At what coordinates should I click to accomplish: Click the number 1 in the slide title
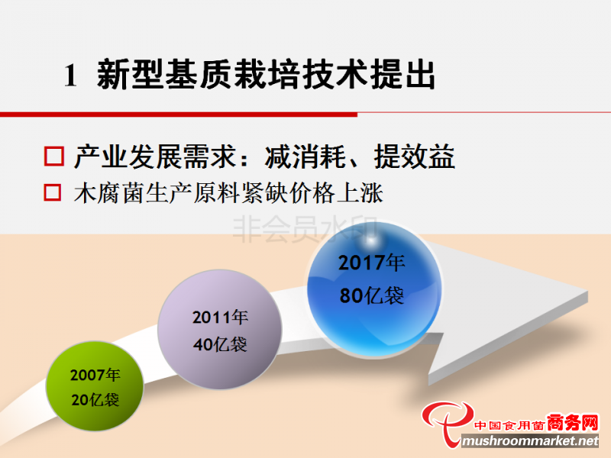point(70,75)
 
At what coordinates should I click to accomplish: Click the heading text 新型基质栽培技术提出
point(266,74)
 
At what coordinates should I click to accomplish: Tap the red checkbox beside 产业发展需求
point(53,156)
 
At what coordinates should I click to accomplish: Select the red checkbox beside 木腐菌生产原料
point(52,192)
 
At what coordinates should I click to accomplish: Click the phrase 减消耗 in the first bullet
point(305,156)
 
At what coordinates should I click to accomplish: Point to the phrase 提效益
point(414,156)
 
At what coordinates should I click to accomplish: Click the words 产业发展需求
point(156,156)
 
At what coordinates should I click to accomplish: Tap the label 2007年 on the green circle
point(95,375)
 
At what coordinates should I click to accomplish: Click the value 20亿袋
point(95,400)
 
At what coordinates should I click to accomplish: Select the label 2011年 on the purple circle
point(220,317)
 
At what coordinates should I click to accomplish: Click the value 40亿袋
point(220,344)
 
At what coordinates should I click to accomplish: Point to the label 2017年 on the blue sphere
point(372,263)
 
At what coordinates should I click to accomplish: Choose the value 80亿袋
point(372,295)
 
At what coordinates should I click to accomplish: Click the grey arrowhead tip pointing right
point(587,296)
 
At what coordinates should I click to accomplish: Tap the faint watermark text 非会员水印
point(305,230)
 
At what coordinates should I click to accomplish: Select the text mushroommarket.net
point(530,441)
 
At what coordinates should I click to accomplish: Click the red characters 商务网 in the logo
point(572,422)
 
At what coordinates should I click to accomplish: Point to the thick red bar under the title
point(179,114)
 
